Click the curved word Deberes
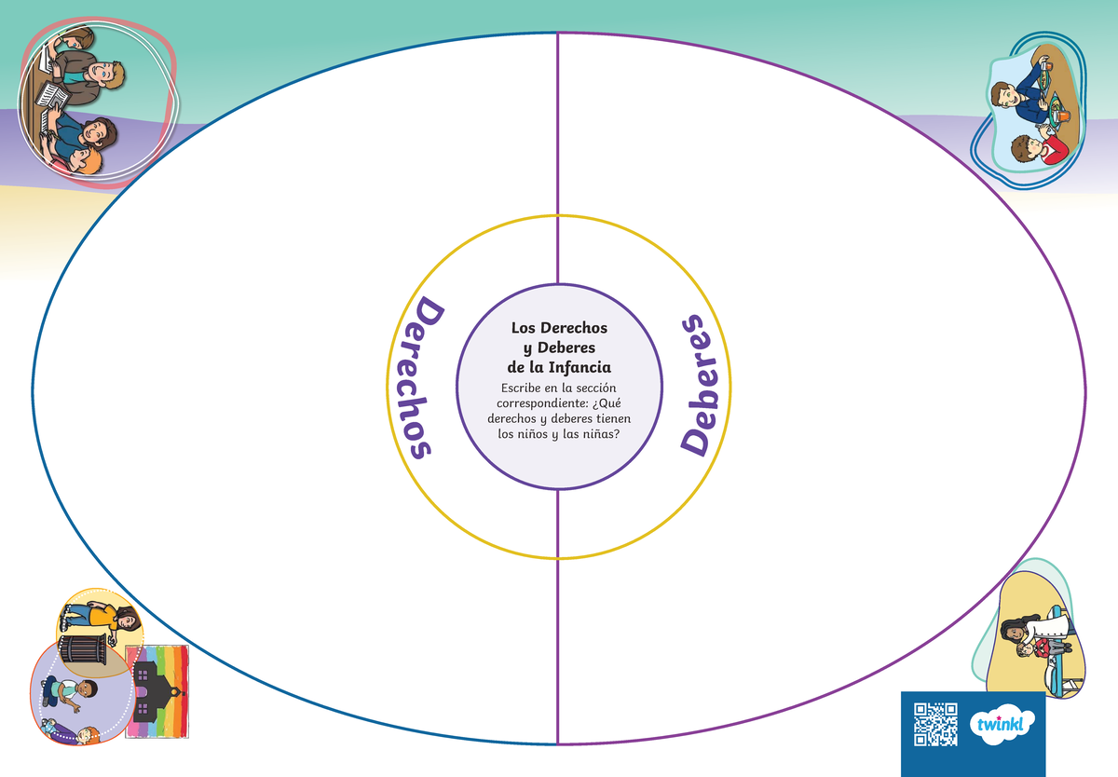tap(700, 385)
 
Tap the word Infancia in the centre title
tap(579, 368)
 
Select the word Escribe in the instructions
tap(520, 388)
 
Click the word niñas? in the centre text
tap(602, 434)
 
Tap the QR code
tap(935, 725)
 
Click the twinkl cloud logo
tap(1002, 724)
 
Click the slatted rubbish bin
tap(82, 649)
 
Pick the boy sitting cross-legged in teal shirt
tap(70, 692)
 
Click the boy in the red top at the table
tap(1039, 149)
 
